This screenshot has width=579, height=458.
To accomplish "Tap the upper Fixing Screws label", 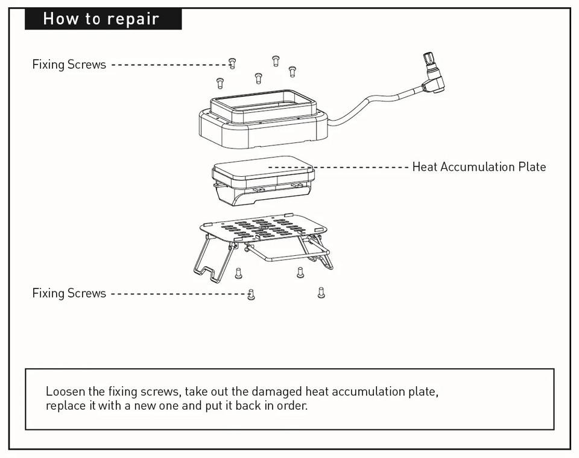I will pyautogui.click(x=69, y=65).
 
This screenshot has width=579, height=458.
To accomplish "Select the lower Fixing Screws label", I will pyautogui.click(x=69, y=293).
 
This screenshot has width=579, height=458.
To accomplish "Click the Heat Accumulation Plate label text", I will pyautogui.click(x=479, y=167).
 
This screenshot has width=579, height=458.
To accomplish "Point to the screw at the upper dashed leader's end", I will pyautogui.click(x=233, y=63).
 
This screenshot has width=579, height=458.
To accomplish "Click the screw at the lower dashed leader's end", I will pyautogui.click(x=252, y=294).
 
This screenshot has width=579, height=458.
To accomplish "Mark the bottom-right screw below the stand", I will pyautogui.click(x=321, y=293).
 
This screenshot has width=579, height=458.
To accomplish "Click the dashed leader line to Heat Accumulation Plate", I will pyautogui.click(x=338, y=167).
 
